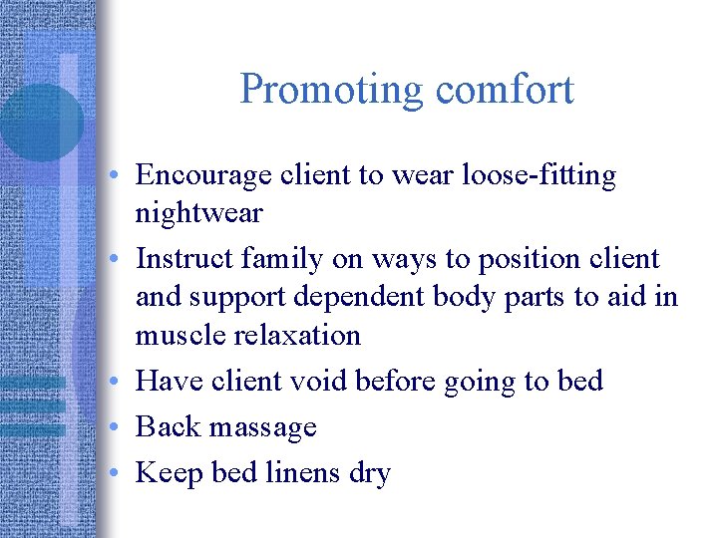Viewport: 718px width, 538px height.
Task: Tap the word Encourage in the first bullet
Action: click(x=203, y=175)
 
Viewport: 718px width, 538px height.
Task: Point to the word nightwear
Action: click(x=198, y=213)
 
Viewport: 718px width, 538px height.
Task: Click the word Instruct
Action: click(x=181, y=259)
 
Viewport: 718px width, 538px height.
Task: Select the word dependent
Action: click(x=367, y=297)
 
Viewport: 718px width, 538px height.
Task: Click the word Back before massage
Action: click(x=166, y=426)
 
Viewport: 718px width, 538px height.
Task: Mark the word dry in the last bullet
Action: click(x=369, y=474)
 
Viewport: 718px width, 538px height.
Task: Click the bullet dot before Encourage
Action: click(x=117, y=177)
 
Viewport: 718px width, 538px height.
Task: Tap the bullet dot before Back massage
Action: click(x=117, y=428)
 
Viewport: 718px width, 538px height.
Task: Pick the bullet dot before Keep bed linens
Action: click(x=117, y=474)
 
